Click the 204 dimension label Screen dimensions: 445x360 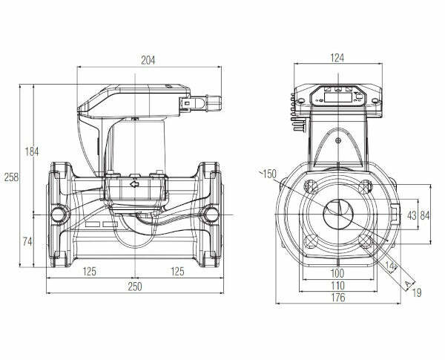(148, 60)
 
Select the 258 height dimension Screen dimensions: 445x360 (11, 177)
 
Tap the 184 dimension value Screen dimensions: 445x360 (31, 151)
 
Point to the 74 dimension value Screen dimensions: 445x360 (27, 242)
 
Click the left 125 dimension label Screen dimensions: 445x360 (90, 272)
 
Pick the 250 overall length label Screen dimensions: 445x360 (135, 287)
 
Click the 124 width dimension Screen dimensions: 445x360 (337, 58)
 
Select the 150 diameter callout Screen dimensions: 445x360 (268, 174)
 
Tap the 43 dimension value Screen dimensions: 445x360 (412, 216)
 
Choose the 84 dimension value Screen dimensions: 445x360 (425, 216)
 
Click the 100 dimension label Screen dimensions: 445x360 (337, 273)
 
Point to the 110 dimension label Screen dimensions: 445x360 (337, 286)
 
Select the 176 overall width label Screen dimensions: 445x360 (338, 298)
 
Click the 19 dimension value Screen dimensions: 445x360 (417, 292)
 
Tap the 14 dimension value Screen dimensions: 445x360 (390, 266)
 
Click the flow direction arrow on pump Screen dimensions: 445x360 (134, 184)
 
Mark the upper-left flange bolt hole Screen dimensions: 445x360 (311, 186)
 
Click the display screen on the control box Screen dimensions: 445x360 (338, 97)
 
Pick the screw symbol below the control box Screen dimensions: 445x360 (337, 140)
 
